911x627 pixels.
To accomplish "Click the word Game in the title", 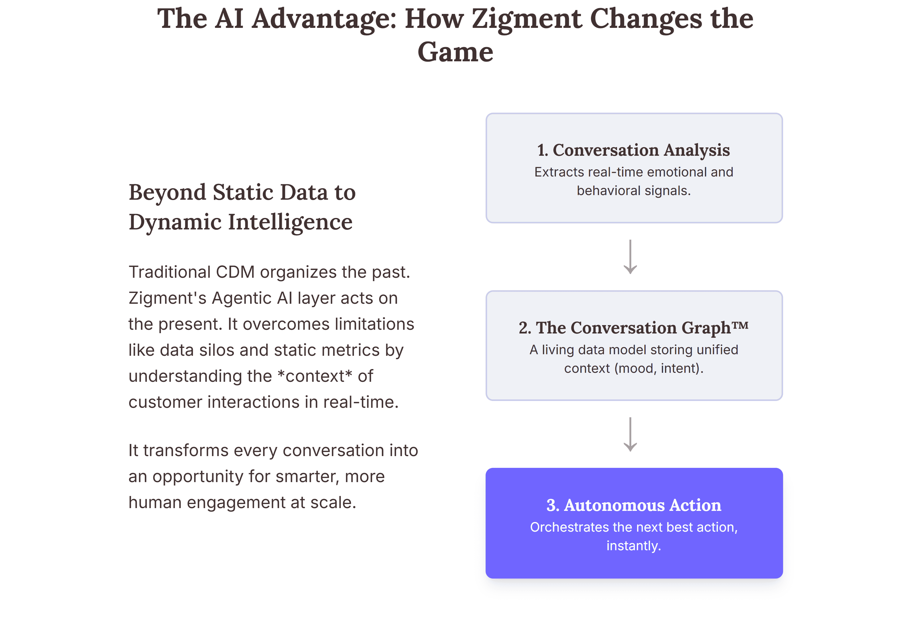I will point(455,52).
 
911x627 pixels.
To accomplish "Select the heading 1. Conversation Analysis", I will point(633,150).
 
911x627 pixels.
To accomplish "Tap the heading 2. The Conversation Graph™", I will point(633,328).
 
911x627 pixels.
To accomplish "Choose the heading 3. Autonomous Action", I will point(633,505).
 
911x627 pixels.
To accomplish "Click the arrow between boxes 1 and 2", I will point(630,257).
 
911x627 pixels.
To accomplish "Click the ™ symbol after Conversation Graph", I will point(740,324).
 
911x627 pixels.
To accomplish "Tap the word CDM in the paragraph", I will point(235,272).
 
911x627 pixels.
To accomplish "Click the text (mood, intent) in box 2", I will point(658,368).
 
